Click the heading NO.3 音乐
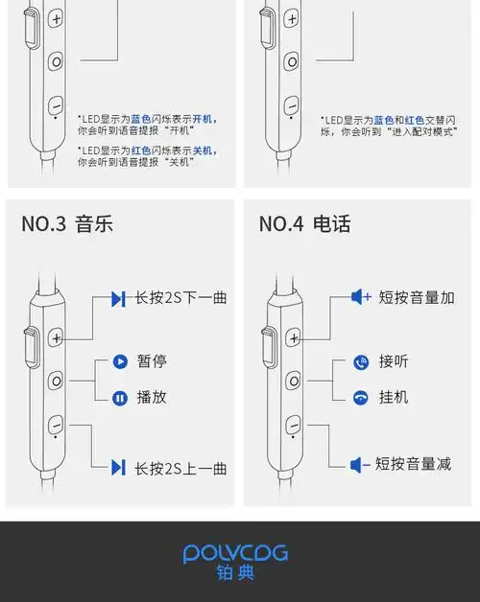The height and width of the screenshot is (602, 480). click(67, 224)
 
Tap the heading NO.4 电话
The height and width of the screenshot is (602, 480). click(304, 224)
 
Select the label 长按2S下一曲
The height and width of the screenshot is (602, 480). click(180, 298)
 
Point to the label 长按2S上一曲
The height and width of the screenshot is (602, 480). click(180, 468)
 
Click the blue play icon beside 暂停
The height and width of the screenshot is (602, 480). click(120, 361)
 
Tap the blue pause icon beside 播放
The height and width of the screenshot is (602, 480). click(120, 398)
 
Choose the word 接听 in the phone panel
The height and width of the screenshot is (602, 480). click(394, 361)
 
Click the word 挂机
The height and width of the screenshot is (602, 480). click(394, 397)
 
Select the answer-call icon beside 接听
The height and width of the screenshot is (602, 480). click(361, 362)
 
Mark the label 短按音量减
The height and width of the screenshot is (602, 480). click(413, 465)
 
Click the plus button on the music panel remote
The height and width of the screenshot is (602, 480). click(57, 337)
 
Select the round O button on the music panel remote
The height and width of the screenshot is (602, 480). click(57, 381)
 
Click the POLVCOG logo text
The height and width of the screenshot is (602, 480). click(235, 554)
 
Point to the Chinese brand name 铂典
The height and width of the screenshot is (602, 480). click(235, 575)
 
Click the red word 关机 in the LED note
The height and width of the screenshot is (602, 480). click(203, 150)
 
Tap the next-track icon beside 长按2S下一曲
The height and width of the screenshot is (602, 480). click(118, 299)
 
